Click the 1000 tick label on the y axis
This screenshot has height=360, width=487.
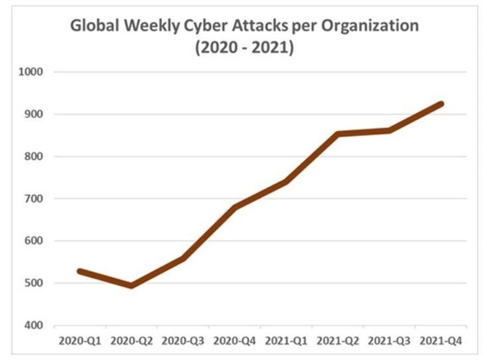pyautogui.click(x=33, y=72)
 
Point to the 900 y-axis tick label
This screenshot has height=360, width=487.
pyautogui.click(x=34, y=114)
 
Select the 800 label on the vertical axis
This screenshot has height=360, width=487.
pyautogui.click(x=34, y=156)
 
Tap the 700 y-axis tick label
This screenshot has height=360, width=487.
pyautogui.click(x=34, y=199)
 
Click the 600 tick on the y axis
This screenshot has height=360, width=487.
pyautogui.click(x=34, y=241)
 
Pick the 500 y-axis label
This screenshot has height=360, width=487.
pyautogui.click(x=34, y=283)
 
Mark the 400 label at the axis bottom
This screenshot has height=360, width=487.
pyautogui.click(x=34, y=325)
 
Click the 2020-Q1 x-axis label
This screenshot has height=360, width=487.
pyautogui.click(x=79, y=340)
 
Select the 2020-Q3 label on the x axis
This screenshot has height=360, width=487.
pyautogui.click(x=183, y=340)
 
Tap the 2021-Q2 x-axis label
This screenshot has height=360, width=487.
pyautogui.click(x=338, y=340)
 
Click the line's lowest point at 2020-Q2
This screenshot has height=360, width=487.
pyautogui.click(x=132, y=286)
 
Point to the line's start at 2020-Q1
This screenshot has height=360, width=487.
pyautogui.click(x=79, y=271)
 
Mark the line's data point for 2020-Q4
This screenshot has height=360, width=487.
pyautogui.click(x=235, y=207)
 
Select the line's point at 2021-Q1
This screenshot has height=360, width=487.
pyautogui.click(x=286, y=182)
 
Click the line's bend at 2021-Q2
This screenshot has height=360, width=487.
pyautogui.click(x=338, y=134)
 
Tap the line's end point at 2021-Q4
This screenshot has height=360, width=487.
pyautogui.click(x=441, y=104)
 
